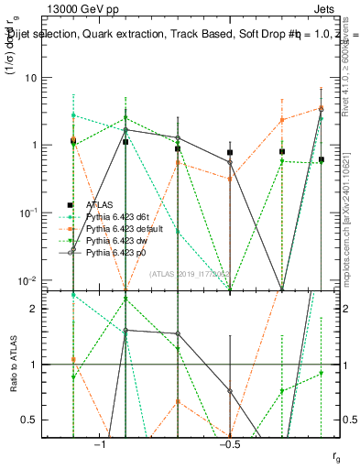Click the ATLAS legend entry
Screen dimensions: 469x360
tap(99, 205)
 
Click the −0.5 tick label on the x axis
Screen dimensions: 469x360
tap(229, 444)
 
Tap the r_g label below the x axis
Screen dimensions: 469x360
tap(336, 455)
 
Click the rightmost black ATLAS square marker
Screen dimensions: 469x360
tap(322, 159)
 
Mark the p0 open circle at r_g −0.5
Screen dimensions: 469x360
tap(230, 162)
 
